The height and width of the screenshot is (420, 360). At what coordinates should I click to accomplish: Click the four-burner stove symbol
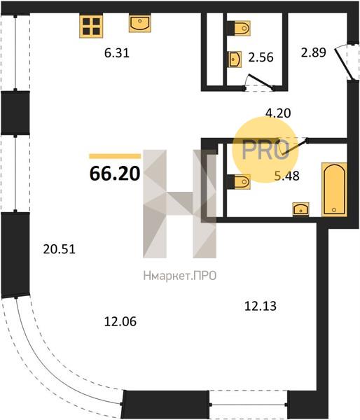pyautogui.click(x=91, y=27)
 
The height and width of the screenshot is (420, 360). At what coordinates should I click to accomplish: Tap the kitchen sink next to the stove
pyautogui.click(x=139, y=24)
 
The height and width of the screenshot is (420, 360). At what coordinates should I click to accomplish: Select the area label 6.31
pyautogui.click(x=117, y=53)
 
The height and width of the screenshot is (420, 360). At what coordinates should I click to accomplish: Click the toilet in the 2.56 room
pyautogui.click(x=239, y=28)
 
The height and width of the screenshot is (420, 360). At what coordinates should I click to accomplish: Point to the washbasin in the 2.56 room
pyautogui.click(x=235, y=59)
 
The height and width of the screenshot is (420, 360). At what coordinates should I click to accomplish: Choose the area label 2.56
pyautogui.click(x=261, y=57)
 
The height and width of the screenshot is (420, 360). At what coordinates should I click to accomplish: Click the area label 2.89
pyautogui.click(x=314, y=52)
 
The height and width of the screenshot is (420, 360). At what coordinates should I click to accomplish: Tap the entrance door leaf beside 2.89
pyautogui.click(x=343, y=63)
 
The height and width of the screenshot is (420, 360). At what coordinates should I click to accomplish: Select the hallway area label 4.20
pyautogui.click(x=278, y=113)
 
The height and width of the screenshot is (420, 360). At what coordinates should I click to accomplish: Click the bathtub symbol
pyautogui.click(x=334, y=190)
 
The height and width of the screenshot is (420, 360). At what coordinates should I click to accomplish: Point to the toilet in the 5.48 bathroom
pyautogui.click(x=239, y=182)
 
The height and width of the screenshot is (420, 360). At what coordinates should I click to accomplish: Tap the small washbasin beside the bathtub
pyautogui.click(x=301, y=209)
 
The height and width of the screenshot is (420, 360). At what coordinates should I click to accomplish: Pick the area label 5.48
pyautogui.click(x=287, y=176)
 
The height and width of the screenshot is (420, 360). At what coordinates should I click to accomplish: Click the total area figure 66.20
pyautogui.click(x=115, y=174)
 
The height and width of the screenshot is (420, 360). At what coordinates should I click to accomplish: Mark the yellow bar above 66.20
pyautogui.click(x=115, y=156)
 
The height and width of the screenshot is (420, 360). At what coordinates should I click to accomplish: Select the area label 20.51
pyautogui.click(x=60, y=250)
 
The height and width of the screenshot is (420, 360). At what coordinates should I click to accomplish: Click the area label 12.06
pyautogui.click(x=120, y=321)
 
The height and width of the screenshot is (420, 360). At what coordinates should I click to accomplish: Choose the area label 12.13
pyautogui.click(x=261, y=306)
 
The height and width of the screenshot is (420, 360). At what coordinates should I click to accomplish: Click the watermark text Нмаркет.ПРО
pyautogui.click(x=180, y=276)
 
